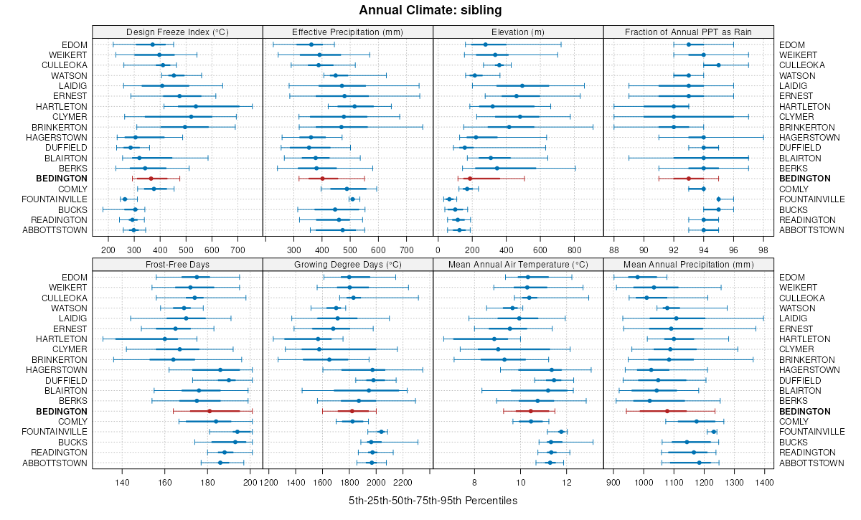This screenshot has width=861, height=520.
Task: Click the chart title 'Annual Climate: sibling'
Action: (430, 10)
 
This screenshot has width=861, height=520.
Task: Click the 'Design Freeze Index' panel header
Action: (177, 32)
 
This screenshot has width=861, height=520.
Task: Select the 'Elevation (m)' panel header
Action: (518, 32)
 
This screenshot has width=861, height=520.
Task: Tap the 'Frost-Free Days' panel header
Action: (177, 265)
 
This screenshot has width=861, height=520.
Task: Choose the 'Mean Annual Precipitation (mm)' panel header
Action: (689, 265)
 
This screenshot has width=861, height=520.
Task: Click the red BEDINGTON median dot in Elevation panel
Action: (470, 178)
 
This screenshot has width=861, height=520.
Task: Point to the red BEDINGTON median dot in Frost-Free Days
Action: (210, 411)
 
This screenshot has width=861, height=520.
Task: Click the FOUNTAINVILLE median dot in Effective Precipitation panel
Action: (352, 199)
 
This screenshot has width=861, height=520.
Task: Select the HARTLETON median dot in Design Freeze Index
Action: (196, 106)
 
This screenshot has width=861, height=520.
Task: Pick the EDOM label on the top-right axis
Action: (791, 44)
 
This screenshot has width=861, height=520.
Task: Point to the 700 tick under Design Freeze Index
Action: (237, 250)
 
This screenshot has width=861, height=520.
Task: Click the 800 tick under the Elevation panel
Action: (574, 250)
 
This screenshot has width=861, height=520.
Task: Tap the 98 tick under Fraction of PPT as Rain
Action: (763, 250)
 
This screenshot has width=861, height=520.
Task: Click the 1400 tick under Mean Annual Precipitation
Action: (765, 483)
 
